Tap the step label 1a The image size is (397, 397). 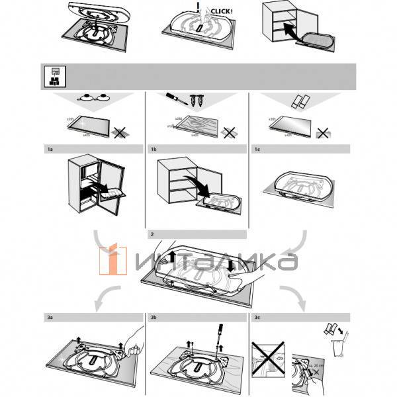[50, 150]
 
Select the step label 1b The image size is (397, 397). [154, 150]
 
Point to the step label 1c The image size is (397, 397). [257, 150]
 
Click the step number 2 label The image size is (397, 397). [153, 234]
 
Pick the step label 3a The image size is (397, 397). [50, 318]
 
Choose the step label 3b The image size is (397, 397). [154, 318]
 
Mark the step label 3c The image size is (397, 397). [257, 318]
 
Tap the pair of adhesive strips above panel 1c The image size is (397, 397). [300, 101]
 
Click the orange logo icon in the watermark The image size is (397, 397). [113, 260]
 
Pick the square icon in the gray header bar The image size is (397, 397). [52, 76]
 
